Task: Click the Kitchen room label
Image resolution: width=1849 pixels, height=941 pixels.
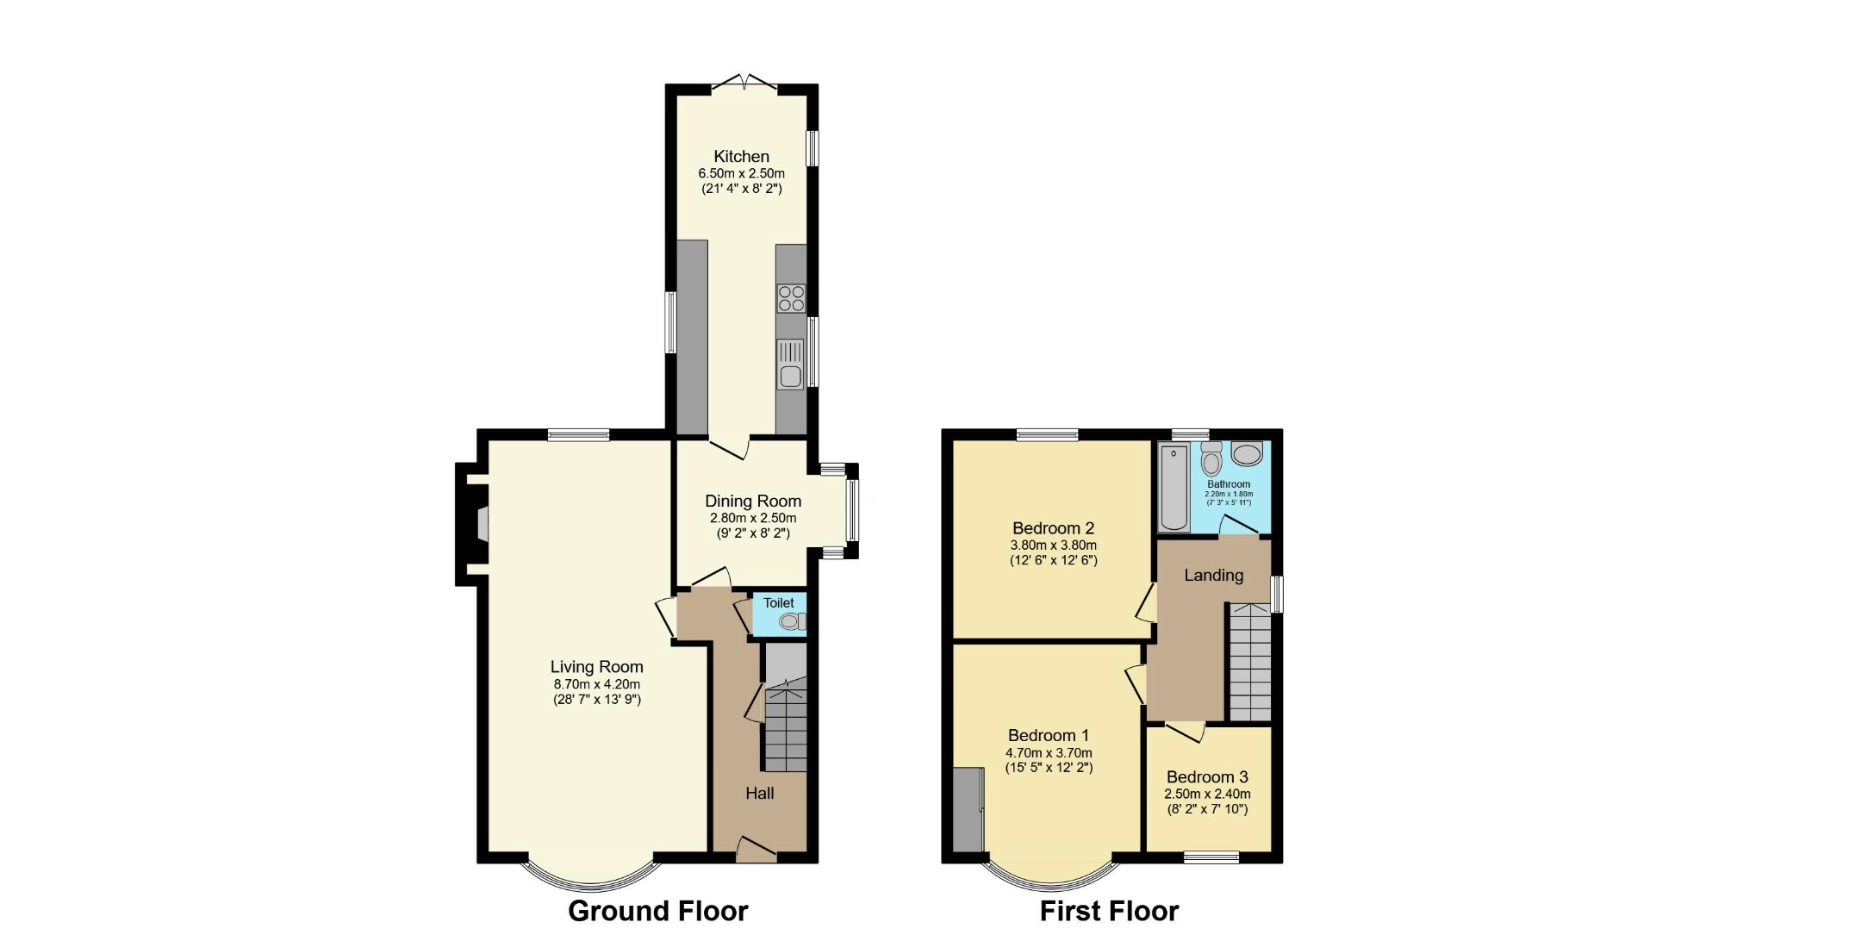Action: point(741,156)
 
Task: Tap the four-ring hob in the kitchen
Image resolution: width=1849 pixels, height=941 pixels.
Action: point(791,298)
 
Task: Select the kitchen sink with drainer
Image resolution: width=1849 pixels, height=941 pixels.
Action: point(790,365)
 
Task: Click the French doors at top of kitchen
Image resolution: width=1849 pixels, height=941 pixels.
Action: point(744,84)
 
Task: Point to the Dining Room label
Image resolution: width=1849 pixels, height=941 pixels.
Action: point(753,501)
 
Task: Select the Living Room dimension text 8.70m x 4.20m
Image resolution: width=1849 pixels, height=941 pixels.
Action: point(596,684)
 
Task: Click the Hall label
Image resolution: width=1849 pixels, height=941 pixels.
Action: point(759,793)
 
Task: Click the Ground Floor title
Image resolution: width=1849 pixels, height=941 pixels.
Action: point(657,911)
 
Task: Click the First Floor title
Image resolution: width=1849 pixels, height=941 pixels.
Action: point(1109,911)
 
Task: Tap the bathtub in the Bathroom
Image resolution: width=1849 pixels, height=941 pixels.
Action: point(1174,487)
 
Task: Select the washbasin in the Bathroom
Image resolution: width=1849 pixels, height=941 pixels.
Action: point(1247,453)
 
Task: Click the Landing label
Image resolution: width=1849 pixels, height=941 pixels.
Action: point(1213,575)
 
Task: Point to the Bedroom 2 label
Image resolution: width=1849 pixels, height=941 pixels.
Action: point(1053,527)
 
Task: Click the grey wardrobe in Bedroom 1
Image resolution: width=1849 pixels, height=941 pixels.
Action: point(968,810)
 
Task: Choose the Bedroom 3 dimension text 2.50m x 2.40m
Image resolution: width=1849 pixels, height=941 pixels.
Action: point(1207,794)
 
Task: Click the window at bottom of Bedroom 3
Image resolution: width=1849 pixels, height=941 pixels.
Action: point(1211,857)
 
